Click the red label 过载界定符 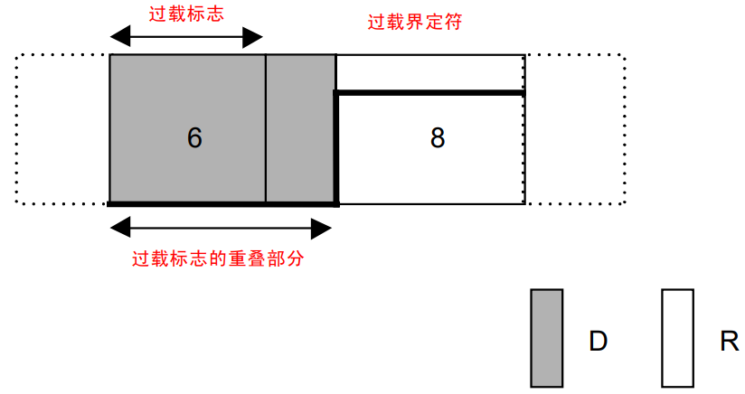coord(415,23)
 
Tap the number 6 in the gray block coord(194,137)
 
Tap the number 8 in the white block coord(438,138)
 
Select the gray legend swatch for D coord(546,337)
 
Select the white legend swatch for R coord(677,337)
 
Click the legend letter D coord(598,342)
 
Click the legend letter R coord(729,342)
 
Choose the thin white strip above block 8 coord(429,72)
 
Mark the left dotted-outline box coord(61,129)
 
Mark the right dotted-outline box coord(574,129)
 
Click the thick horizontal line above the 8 coord(429,92)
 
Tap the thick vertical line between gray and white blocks coord(336,149)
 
